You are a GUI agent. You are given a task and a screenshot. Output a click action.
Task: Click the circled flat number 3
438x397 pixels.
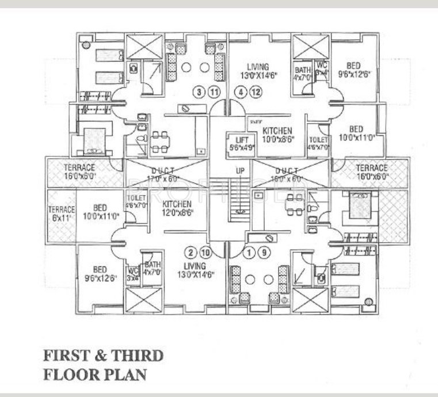(x=200, y=91)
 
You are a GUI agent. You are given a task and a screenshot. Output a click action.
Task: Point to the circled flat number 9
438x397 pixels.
(x=264, y=252)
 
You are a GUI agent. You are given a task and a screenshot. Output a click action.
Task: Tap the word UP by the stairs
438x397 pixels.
(x=241, y=171)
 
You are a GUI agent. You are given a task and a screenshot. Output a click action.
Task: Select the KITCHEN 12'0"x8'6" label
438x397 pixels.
(x=177, y=208)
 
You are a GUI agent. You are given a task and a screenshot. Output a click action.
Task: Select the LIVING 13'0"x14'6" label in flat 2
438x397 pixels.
(x=196, y=269)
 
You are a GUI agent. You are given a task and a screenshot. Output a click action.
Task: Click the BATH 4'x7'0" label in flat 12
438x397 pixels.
(x=302, y=73)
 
